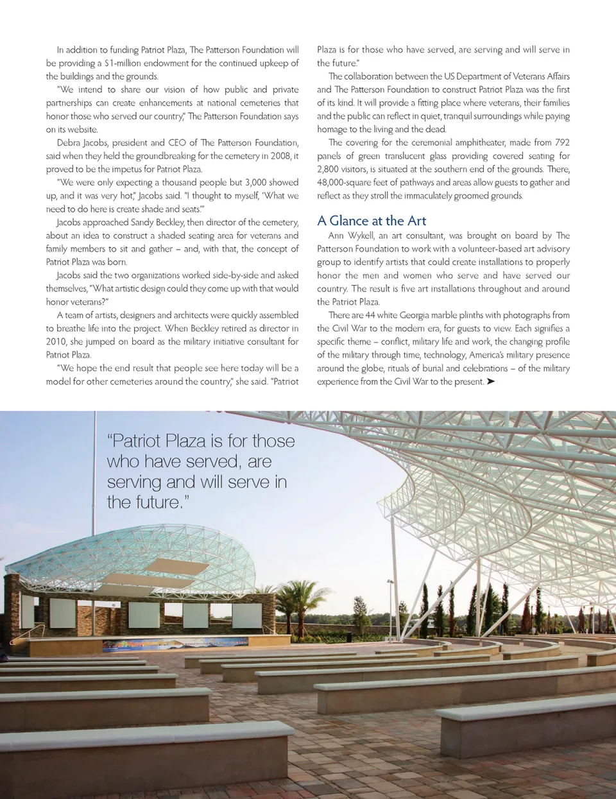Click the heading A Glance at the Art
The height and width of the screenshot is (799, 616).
pos(372,221)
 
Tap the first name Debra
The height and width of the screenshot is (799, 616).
pos(69,142)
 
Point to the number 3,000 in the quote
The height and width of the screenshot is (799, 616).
pos(256,182)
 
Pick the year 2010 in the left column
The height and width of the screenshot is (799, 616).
pos(57,341)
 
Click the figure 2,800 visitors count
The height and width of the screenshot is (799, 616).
pos(329,169)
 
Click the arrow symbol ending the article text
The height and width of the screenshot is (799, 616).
pos(491,382)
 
